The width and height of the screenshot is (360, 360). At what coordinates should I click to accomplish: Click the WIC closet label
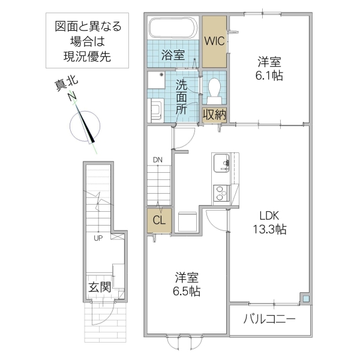[x=214, y=41]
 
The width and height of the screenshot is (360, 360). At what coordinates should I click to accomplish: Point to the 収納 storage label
[x=214, y=114]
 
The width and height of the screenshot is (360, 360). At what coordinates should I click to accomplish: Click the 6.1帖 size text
[x=270, y=76]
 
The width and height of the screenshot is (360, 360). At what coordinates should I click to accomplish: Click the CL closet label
[x=159, y=220]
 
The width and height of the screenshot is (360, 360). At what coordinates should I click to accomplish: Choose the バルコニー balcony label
[x=269, y=319]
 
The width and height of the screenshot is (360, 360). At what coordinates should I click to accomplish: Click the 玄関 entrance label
[x=99, y=286]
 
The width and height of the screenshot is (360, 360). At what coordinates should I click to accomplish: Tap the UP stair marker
[x=96, y=238]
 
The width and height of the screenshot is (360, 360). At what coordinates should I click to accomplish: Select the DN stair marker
[x=157, y=160]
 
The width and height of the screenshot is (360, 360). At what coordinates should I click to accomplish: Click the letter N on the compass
[x=72, y=97]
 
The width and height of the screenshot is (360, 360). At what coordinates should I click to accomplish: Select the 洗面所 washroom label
[x=181, y=97]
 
